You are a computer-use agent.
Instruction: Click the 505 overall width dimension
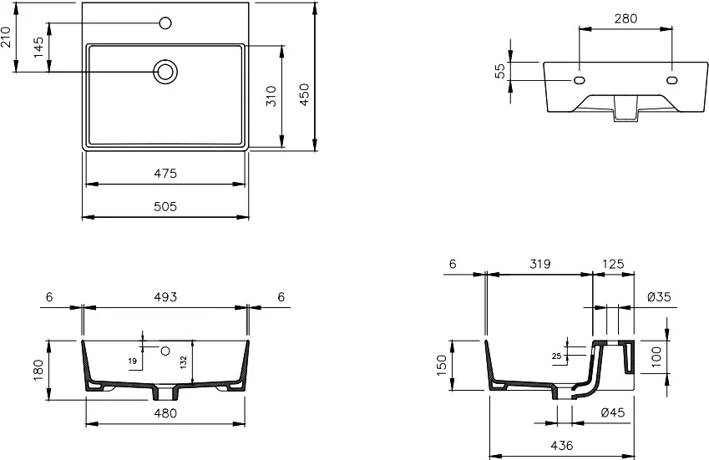click(x=165, y=206)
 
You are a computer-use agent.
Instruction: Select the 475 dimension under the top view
click(x=165, y=174)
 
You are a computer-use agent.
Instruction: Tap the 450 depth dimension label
click(x=304, y=94)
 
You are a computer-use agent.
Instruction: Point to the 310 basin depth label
click(x=271, y=96)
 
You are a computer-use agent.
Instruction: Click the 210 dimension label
click(x=5, y=37)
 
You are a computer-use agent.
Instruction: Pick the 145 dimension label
click(x=39, y=47)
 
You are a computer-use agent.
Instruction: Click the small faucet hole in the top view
click(x=165, y=23)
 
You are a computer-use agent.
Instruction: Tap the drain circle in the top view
click(x=165, y=72)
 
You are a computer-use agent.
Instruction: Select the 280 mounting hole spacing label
click(x=625, y=18)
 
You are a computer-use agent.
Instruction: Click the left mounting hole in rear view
click(x=580, y=80)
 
